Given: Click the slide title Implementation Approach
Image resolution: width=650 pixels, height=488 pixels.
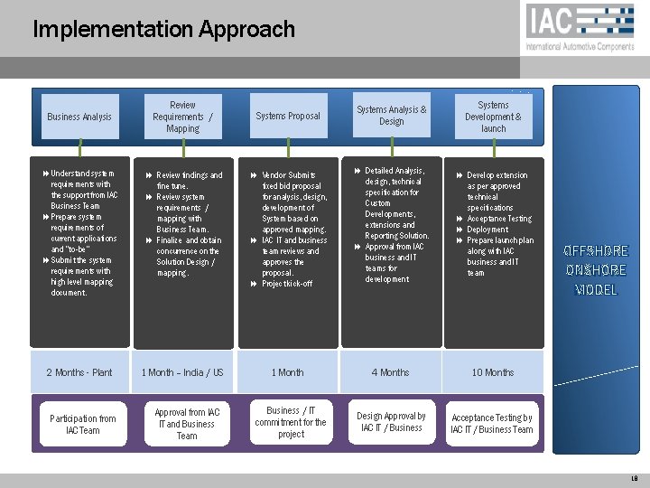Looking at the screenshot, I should point(163,29).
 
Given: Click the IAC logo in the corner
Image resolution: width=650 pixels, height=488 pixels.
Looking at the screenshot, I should point(580,25).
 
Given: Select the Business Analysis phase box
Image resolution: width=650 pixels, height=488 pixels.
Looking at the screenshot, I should point(79,117).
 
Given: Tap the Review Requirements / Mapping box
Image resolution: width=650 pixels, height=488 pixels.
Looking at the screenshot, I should point(182,117).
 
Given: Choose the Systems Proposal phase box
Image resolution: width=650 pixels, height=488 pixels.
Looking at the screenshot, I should point(288,116).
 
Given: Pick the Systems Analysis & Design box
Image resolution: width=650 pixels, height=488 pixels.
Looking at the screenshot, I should point(391,116).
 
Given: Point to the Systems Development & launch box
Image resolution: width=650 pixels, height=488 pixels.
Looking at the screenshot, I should point(493,117).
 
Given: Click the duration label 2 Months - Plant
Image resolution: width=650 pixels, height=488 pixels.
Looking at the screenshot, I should point(79,372).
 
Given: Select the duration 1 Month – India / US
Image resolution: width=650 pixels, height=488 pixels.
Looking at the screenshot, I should point(182,372).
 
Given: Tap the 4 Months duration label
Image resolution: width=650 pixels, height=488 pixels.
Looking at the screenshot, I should point(391,372).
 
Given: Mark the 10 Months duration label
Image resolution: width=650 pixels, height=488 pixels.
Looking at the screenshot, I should point(493,372).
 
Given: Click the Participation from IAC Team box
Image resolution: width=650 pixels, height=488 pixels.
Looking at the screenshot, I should point(82,424).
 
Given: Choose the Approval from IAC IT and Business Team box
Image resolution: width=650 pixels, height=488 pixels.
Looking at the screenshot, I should point(187,424).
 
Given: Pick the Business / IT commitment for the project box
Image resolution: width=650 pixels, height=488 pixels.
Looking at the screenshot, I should point(291,422).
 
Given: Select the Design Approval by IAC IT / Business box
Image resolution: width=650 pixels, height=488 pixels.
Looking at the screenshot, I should point(391,422).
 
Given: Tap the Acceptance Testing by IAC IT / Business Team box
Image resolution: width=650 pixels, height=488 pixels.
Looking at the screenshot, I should point(493,423).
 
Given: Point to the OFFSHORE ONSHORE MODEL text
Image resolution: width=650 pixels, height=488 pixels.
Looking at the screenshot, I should point(596,270).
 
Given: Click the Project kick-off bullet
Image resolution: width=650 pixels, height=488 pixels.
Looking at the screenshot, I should point(287,284).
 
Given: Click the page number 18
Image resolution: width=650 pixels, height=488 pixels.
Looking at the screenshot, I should point(635,478).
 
